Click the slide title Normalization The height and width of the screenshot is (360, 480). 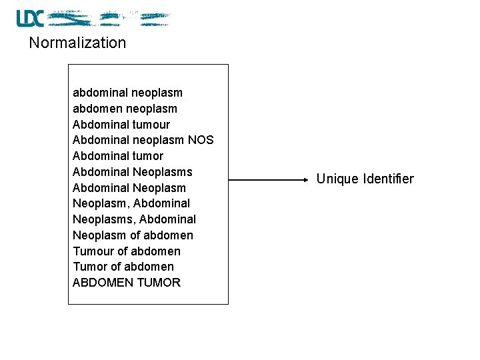[77, 43]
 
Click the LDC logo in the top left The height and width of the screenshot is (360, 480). [30, 18]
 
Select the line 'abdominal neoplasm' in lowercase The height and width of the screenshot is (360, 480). [127, 93]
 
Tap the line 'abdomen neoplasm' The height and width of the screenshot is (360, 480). [125, 109]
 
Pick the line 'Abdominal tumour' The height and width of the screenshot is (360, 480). [121, 125]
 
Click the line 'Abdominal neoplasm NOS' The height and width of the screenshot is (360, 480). [143, 140]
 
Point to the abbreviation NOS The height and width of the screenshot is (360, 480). [201, 140]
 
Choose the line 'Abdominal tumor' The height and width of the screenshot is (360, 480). [117, 156]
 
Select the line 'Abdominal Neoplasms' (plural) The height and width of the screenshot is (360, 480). [132, 172]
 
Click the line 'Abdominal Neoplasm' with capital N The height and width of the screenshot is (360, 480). [129, 188]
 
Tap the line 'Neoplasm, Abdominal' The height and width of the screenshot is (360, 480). [131, 203]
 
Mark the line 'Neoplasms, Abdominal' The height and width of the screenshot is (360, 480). [134, 219]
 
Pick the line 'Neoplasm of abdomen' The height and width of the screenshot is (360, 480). [133, 235]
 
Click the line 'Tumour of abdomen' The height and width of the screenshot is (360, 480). [126, 251]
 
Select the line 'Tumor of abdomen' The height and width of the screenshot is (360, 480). [123, 267]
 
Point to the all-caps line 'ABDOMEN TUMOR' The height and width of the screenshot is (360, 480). [126, 283]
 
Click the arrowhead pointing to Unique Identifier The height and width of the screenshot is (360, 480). [305, 179]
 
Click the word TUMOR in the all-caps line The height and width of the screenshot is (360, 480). [158, 283]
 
